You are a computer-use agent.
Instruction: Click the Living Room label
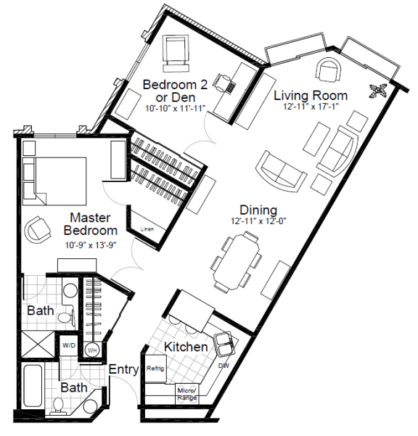coord(310,95)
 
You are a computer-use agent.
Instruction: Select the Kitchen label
coord(186,347)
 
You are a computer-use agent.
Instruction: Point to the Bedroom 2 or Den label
coord(174,91)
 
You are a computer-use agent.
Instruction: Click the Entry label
coord(123,369)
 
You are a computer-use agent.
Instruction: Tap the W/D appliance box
coord(70,345)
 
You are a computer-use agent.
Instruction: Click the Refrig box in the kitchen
coord(156,368)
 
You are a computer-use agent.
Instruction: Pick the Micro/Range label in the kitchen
coord(187,394)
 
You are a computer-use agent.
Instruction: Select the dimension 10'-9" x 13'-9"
coord(94,244)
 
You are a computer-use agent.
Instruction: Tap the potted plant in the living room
coord(378,91)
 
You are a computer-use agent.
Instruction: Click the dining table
coord(234,259)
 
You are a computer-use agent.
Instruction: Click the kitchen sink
coord(224,340)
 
